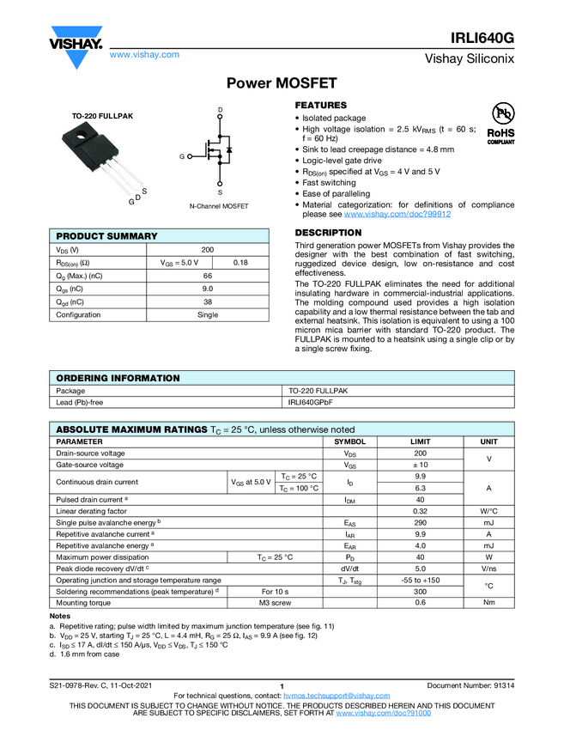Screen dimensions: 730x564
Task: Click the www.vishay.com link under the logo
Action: coord(144,54)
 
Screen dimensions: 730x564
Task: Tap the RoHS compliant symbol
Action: coord(500,125)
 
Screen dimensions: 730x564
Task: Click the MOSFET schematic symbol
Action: coord(218,153)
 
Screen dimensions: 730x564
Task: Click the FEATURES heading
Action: coord(321,105)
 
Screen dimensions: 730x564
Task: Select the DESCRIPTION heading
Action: coord(328,233)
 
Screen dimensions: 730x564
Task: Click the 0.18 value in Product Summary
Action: coord(241,262)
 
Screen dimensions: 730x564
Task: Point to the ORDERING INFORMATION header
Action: coord(118,378)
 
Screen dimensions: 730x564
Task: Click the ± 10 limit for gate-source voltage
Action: coord(421,465)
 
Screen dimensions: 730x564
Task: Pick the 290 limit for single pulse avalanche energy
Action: coord(421,522)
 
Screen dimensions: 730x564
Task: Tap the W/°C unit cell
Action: coord(488,511)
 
